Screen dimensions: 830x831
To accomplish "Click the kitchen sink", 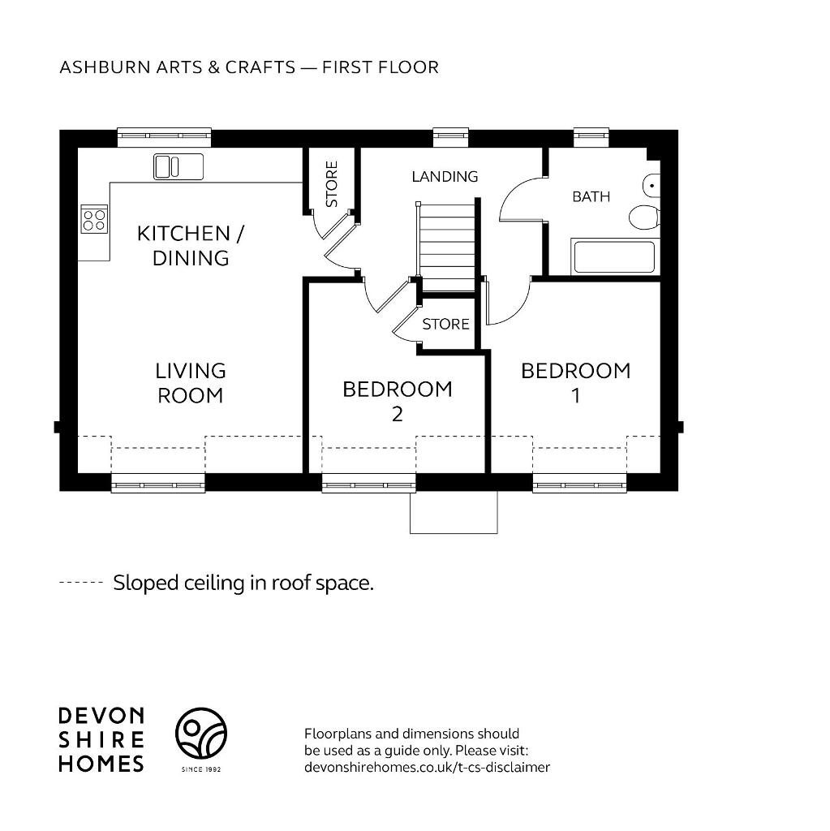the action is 178,166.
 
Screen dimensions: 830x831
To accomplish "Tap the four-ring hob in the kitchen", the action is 94,219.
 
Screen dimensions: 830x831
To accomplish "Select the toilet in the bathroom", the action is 644,217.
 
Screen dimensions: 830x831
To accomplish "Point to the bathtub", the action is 614,256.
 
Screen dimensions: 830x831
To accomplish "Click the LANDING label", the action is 445,176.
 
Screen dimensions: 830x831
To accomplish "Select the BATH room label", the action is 591,196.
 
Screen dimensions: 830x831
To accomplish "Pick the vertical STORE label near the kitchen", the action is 331,184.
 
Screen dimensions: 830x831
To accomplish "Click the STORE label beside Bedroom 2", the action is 445,324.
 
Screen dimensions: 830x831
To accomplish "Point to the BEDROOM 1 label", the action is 575,383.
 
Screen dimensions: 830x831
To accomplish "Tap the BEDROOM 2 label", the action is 398,401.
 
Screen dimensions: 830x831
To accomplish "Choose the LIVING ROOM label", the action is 191,383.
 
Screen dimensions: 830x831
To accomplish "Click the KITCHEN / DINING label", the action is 191,245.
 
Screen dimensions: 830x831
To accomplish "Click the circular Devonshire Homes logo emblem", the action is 201,733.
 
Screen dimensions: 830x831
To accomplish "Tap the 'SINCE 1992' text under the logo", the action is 201,769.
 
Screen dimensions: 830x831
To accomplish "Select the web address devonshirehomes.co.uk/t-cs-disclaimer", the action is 428,767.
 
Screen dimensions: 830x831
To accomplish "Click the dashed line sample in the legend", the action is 80,583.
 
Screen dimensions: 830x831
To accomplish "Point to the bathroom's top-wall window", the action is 591,137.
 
